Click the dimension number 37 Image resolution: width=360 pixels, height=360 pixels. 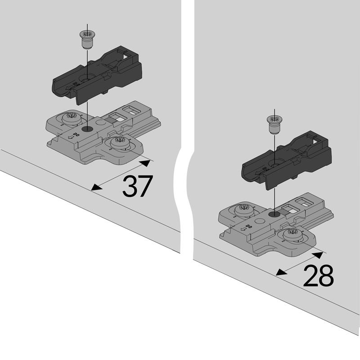(138, 186)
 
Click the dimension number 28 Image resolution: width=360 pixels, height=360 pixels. (319, 275)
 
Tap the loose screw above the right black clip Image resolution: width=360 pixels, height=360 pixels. (274, 125)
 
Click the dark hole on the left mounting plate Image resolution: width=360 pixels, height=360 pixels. (87, 129)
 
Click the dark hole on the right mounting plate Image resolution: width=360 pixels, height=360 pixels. (274, 215)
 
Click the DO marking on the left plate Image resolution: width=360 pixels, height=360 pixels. (76, 135)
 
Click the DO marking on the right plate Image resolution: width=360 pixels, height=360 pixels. (249, 227)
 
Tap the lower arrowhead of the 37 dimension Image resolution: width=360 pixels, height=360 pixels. (96, 187)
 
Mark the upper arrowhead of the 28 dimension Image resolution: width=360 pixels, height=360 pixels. (318, 255)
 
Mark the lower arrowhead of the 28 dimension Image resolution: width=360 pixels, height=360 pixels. (282, 272)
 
